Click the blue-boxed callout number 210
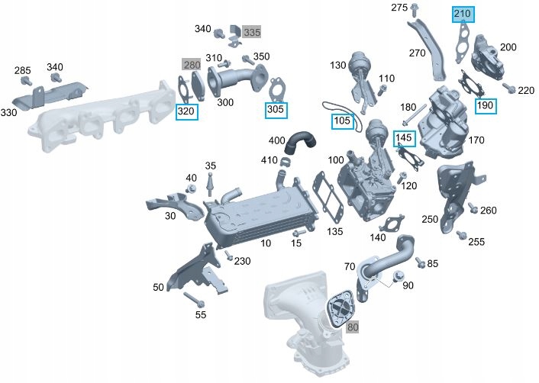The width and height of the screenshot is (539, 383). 463,14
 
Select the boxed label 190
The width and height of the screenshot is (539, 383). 485,105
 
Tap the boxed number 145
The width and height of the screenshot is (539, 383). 404,138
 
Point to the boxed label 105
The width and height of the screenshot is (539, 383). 341,121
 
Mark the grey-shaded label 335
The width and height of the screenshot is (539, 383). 252,31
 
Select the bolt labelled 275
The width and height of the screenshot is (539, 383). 414,11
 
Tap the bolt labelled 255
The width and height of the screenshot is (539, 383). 461,235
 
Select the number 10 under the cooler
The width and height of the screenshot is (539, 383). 266,243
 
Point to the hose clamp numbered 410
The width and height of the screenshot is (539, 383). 284,161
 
